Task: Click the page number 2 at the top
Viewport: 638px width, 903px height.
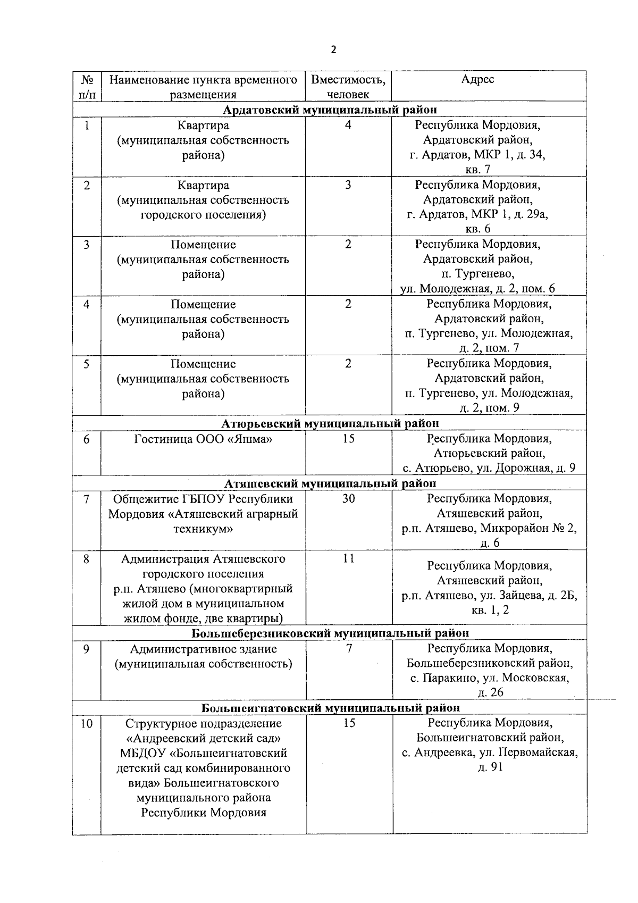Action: (333, 50)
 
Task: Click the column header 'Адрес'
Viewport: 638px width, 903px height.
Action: (477, 79)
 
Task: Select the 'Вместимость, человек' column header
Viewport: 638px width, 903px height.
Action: (348, 87)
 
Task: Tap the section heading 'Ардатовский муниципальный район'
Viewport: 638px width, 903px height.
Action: (330, 110)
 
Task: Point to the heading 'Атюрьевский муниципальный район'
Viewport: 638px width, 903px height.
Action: (330, 423)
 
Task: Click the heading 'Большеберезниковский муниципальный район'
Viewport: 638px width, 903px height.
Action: (330, 633)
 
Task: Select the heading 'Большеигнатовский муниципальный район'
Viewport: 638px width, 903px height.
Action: (330, 708)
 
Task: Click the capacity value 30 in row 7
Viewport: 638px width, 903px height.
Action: (348, 499)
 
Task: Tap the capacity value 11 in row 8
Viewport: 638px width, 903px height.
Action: (348, 559)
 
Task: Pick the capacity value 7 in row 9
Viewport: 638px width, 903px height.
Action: (349, 649)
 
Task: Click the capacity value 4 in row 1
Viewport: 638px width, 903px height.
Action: (348, 126)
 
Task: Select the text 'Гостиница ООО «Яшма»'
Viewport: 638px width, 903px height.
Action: (203, 439)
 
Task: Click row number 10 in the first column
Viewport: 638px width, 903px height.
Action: (86, 724)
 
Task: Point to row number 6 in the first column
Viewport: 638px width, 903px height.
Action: (86, 439)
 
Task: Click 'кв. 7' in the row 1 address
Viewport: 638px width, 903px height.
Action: (477, 170)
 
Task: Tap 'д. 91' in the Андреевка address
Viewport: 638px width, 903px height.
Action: (490, 767)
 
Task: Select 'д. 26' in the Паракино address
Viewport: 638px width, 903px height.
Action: (490, 692)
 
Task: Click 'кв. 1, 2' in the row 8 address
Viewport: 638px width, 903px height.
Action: (490, 610)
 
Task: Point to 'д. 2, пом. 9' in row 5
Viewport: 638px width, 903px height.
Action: (489, 408)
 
